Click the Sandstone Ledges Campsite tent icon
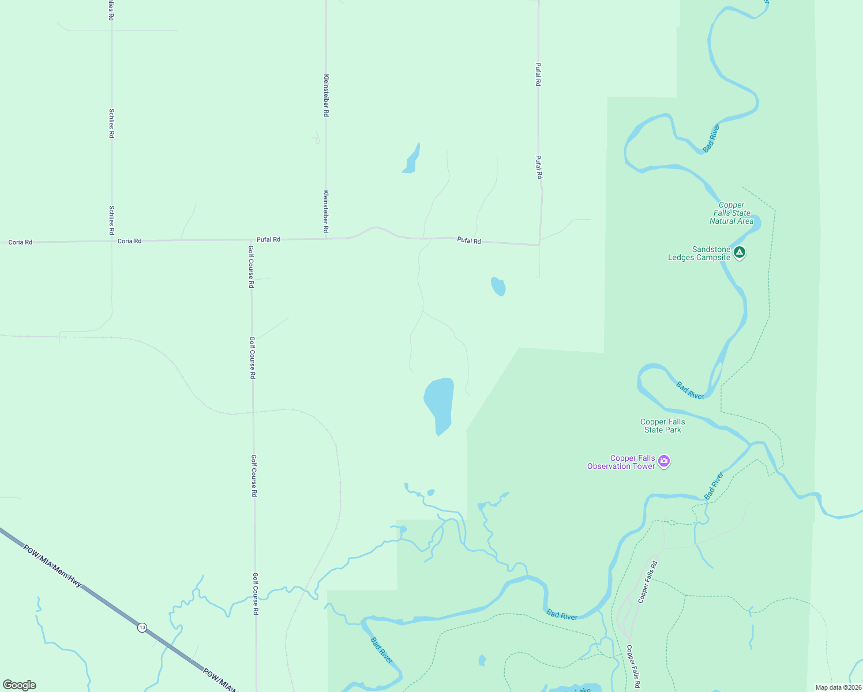(x=740, y=252)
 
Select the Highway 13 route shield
(x=142, y=627)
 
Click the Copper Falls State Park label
(x=663, y=426)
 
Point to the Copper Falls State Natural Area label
(x=731, y=213)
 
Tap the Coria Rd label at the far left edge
(x=20, y=242)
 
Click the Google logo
(x=20, y=685)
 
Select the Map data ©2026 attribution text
(x=838, y=687)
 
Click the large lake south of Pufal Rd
(x=440, y=404)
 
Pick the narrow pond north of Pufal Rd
(x=411, y=159)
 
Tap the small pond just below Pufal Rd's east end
(x=498, y=287)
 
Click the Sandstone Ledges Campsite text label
(x=699, y=254)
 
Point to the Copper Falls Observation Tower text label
(x=621, y=462)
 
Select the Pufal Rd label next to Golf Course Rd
(x=268, y=239)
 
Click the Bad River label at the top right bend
(x=711, y=138)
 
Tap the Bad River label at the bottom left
(x=381, y=650)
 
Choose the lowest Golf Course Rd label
(x=255, y=593)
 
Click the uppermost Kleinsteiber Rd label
(x=326, y=95)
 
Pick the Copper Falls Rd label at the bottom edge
(x=633, y=667)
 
